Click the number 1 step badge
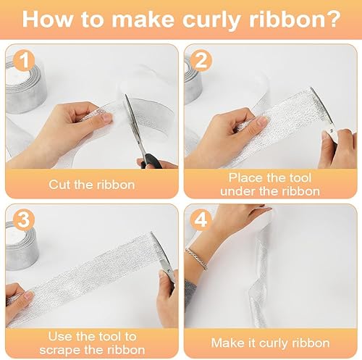pyautogui.click(x=24, y=61)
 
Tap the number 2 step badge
pyautogui.click(x=201, y=61)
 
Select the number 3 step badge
pyautogui.click(x=23, y=219)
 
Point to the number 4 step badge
pyautogui.click(x=201, y=219)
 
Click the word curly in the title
pyautogui.click(x=211, y=20)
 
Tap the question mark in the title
pyautogui.click(x=334, y=19)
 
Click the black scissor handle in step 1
pyautogui.click(x=151, y=162)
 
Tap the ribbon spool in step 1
pyautogui.click(x=25, y=86)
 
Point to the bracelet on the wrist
pyautogui.click(x=197, y=259)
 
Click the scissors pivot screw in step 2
pyautogui.click(x=332, y=131)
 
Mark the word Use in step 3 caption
pyautogui.click(x=59, y=337)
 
